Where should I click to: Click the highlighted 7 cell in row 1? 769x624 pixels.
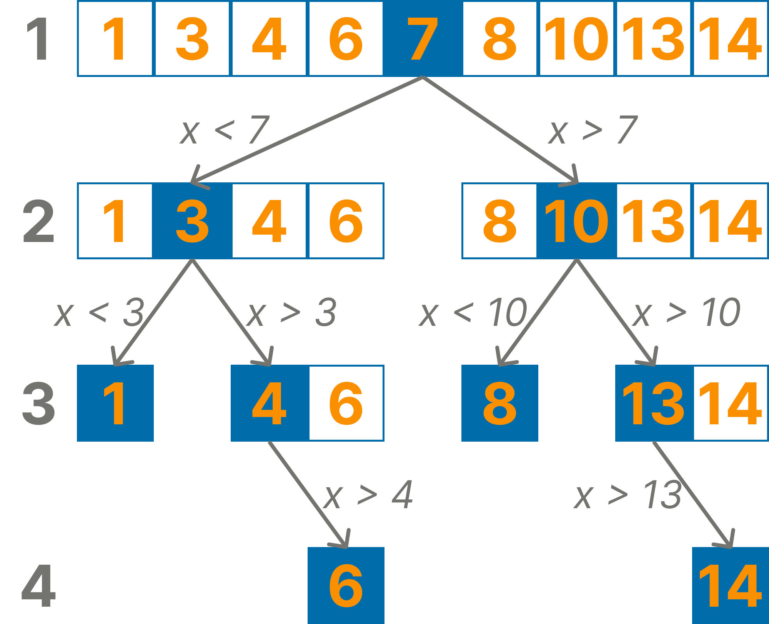pos(423,38)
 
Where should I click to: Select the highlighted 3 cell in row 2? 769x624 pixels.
pos(192,221)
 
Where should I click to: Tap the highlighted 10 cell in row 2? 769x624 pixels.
pos(576,221)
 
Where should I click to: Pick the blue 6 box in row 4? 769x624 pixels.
pos(346,585)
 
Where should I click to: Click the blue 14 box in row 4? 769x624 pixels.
pos(730,585)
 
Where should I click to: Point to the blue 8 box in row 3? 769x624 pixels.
pos(499,403)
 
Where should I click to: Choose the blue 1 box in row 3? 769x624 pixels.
pos(115,403)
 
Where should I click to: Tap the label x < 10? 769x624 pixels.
pos(473,313)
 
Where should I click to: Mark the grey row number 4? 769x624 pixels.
pos(38,586)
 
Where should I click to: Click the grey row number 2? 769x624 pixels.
pos(38,221)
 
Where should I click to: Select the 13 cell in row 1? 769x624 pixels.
pos(653,38)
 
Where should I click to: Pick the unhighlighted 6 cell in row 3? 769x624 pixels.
pos(346,403)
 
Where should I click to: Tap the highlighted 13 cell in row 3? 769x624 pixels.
pos(653,403)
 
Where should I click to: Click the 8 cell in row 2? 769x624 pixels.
pos(499,221)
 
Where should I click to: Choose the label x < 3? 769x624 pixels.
pos(99,313)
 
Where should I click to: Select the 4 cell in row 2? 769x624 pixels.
pos(269,221)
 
